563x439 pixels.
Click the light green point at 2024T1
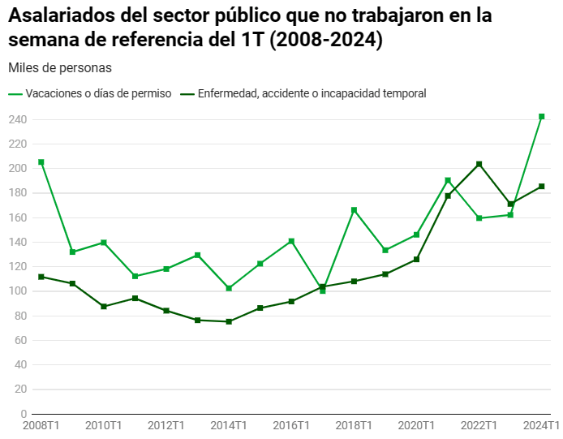(542, 117)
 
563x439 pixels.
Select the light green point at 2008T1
(41, 162)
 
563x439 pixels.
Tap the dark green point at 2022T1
(479, 164)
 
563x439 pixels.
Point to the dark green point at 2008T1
(41, 277)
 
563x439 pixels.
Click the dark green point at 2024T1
(542, 187)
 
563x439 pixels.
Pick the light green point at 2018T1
(354, 210)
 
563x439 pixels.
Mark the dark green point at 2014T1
(229, 321)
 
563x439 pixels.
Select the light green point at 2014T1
(229, 288)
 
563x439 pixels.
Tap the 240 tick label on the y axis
(18, 120)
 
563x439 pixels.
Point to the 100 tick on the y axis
(18, 291)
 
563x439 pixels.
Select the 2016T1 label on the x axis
(291, 425)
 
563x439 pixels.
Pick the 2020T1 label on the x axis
(417, 425)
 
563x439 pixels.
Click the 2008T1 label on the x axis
(41, 425)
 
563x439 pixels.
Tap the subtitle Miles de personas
(59, 67)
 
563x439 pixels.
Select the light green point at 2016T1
(291, 241)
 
